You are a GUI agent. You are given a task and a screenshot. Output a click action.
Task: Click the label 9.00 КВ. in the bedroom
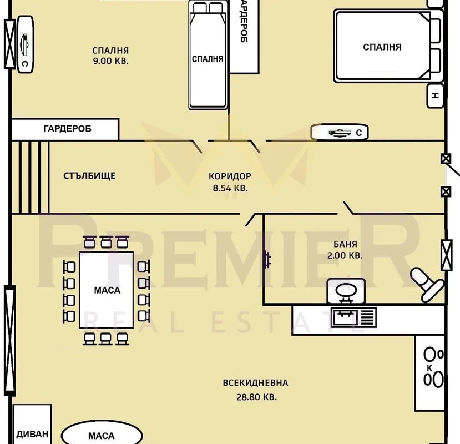click(x=110, y=60)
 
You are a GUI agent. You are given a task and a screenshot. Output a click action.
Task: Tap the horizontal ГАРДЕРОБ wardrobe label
click(x=67, y=129)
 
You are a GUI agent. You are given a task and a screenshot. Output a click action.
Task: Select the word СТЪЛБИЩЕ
click(x=89, y=176)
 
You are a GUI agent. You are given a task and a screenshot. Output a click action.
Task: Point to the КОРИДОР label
click(x=230, y=176)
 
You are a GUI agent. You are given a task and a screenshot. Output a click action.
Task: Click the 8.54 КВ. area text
click(x=230, y=188)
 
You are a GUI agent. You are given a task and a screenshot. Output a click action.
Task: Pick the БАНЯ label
click(x=345, y=244)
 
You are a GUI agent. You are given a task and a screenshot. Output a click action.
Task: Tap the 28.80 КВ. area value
click(x=256, y=397)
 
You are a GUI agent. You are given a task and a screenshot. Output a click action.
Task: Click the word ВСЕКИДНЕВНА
click(x=255, y=383)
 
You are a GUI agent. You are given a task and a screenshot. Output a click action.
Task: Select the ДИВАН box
click(x=32, y=424)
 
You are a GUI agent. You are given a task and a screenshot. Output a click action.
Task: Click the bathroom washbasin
click(x=346, y=291)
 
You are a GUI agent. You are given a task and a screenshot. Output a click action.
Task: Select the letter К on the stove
click(x=429, y=368)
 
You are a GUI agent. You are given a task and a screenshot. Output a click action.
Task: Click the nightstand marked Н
click(x=436, y=95)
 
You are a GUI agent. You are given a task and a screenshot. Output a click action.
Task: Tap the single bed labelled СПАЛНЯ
click(x=208, y=55)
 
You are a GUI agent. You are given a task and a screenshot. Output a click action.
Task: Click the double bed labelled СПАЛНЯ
click(x=388, y=46)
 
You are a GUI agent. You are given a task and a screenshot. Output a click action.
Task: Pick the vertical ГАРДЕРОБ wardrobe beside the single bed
click(x=244, y=36)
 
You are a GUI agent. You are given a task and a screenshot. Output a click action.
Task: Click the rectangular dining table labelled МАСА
click(x=107, y=290)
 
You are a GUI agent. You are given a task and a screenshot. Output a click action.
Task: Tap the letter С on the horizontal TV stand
click(x=358, y=133)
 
